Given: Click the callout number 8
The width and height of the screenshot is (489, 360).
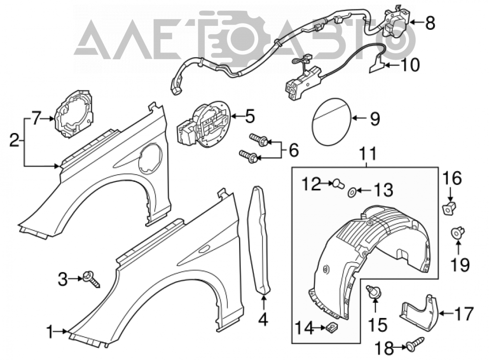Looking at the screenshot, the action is (430, 23).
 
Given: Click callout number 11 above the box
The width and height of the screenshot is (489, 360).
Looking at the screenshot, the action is (369, 154).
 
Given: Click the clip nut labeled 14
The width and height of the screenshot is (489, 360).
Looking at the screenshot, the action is (333, 327).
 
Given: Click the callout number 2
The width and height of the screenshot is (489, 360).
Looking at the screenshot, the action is (14, 141).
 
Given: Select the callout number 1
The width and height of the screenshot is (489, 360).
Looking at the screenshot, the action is (50, 332).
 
